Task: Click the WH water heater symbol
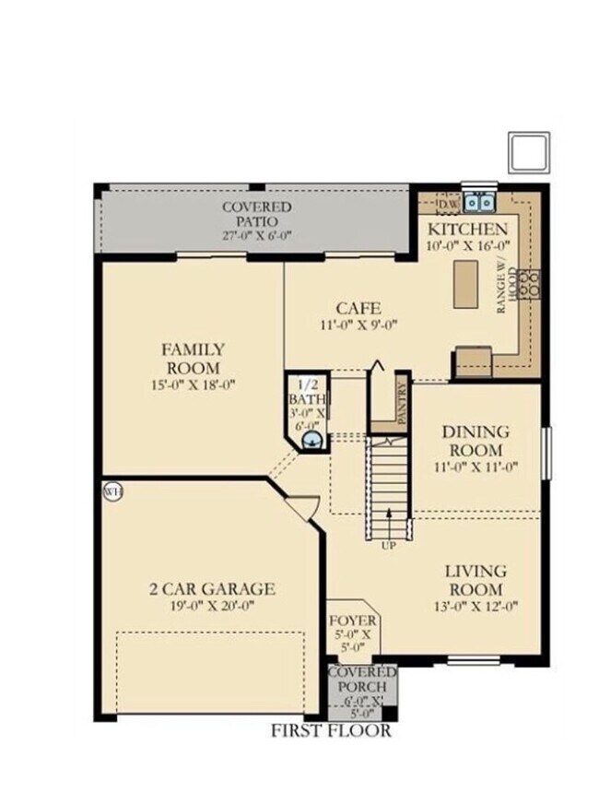tap(112, 492)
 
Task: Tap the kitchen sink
tap(479, 201)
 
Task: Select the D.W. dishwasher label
tap(448, 203)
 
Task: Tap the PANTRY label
tap(402, 403)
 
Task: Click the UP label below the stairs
tap(389, 546)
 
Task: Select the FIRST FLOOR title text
tap(331, 731)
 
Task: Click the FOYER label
tap(352, 621)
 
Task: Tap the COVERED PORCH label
tap(362, 680)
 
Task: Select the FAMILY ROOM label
tap(193, 358)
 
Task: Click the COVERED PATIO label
tap(256, 215)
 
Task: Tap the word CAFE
tap(358, 308)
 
